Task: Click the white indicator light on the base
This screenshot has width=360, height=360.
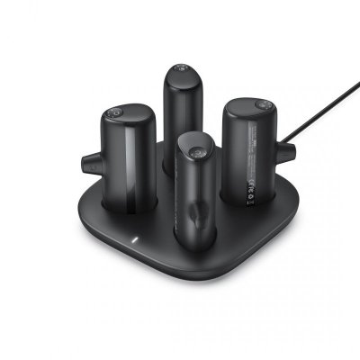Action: [x=132, y=241]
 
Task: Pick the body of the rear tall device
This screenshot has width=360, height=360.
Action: [x=180, y=117]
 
